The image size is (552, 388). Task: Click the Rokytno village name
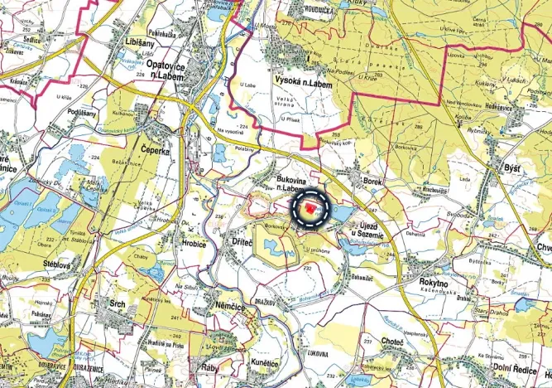click(433, 282)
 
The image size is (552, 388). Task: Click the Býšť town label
click(512, 167)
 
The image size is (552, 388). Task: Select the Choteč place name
click(391, 342)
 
